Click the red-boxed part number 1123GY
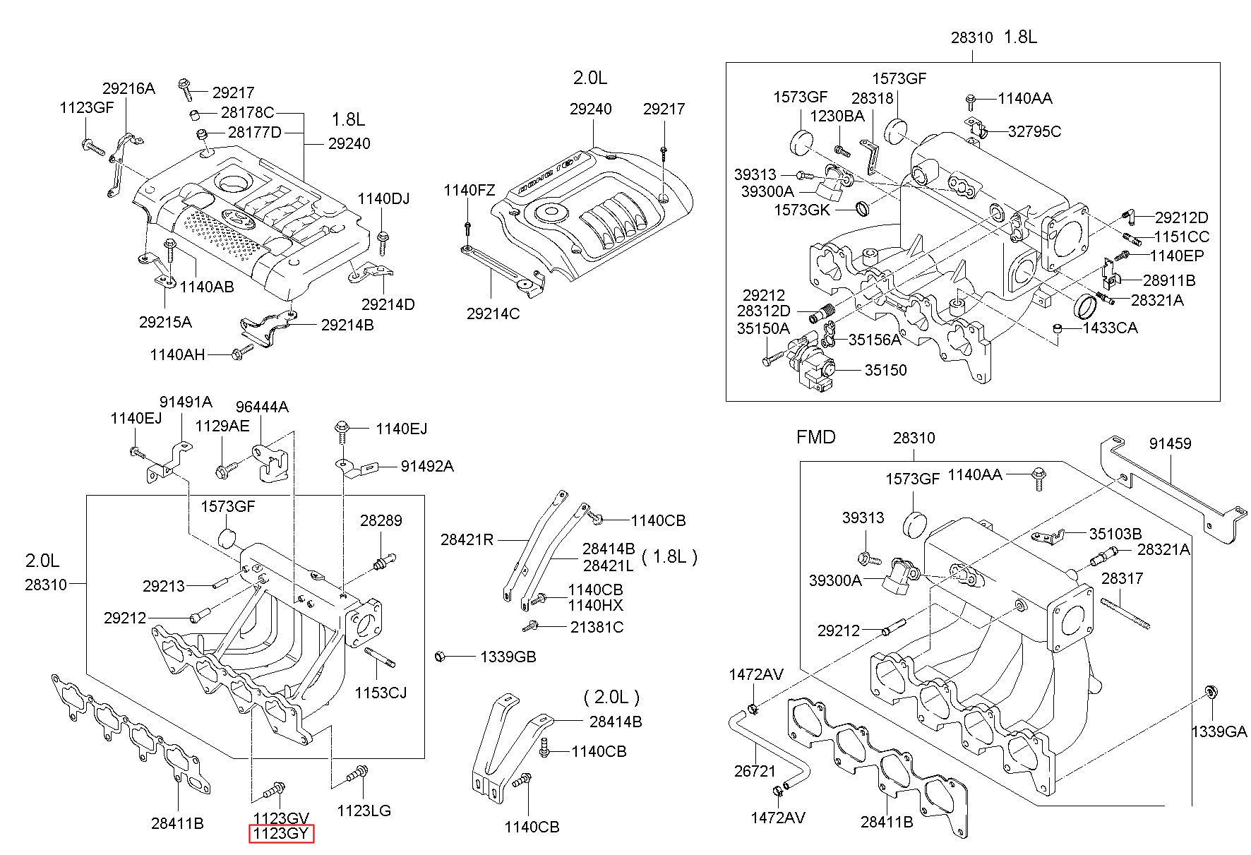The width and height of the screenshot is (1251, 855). [282, 833]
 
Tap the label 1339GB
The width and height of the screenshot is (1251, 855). [508, 657]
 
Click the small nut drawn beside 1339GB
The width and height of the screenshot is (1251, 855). [439, 657]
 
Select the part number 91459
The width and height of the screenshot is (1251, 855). [1170, 443]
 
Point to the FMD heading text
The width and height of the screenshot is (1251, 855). [815, 437]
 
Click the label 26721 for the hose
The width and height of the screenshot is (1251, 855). [755, 771]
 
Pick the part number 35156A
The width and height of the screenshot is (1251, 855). [875, 340]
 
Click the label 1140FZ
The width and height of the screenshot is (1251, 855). [469, 190]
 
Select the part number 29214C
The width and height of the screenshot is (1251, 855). [493, 313]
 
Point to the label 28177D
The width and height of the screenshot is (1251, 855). [254, 132]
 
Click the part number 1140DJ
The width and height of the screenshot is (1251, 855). [383, 198]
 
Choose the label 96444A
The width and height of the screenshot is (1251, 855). [262, 407]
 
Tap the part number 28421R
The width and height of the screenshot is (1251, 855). [467, 539]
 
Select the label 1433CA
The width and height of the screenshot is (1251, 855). [1111, 328]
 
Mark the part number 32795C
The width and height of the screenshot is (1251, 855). [1034, 131]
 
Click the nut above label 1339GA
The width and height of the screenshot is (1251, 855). [1209, 691]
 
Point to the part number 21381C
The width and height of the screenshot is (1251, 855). [597, 627]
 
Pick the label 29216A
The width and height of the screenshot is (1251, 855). [128, 88]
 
